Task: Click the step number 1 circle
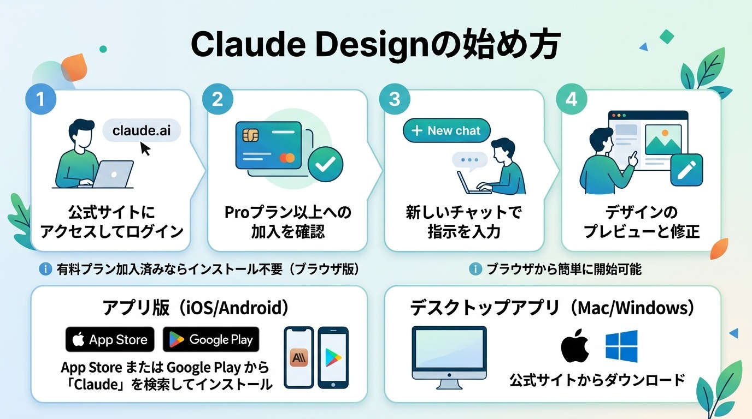click(x=41, y=99)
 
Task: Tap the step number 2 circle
click(x=218, y=99)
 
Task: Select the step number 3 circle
click(x=394, y=99)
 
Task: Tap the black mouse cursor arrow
click(x=145, y=148)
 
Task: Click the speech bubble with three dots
click(x=469, y=160)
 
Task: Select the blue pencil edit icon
click(x=686, y=170)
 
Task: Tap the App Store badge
click(x=110, y=340)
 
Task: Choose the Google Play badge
click(x=211, y=340)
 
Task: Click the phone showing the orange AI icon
click(x=299, y=358)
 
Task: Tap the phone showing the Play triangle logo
click(x=333, y=358)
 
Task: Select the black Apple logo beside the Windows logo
click(x=575, y=346)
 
